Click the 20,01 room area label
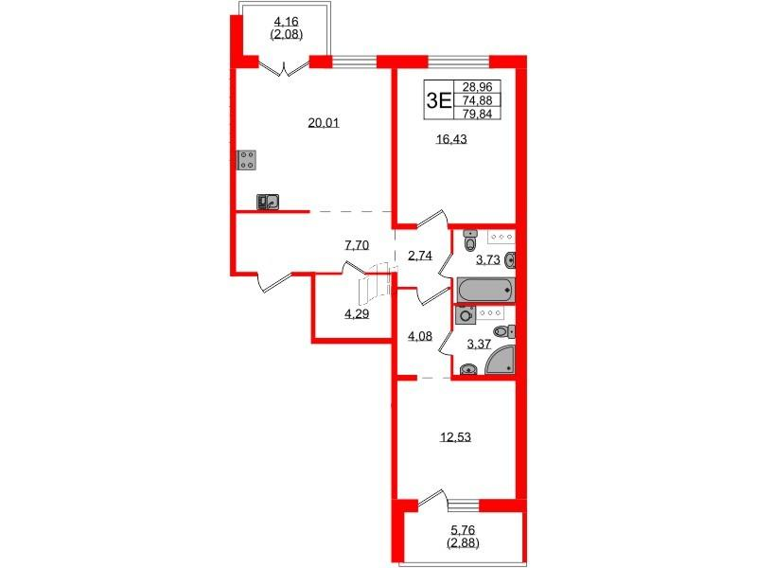324,123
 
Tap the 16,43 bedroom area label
451,139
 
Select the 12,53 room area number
455,437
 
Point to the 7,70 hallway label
357,245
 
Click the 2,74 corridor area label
419,256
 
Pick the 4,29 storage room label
357,314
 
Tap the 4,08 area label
419,336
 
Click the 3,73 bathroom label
487,260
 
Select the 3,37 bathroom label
479,345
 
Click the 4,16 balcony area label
287,22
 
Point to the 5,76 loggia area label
463,531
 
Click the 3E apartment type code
438,100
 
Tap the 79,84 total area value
477,114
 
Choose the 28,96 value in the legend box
477,87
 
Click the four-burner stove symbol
247,160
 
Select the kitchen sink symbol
268,202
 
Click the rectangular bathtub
486,290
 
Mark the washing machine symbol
466,315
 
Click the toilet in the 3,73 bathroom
469,240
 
